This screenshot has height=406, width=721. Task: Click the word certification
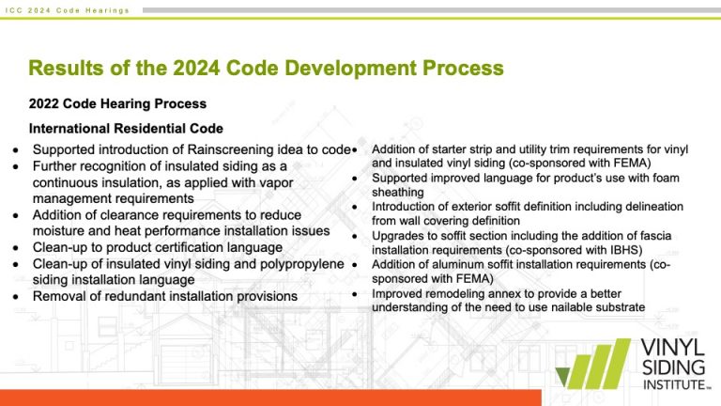tap(192, 247)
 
